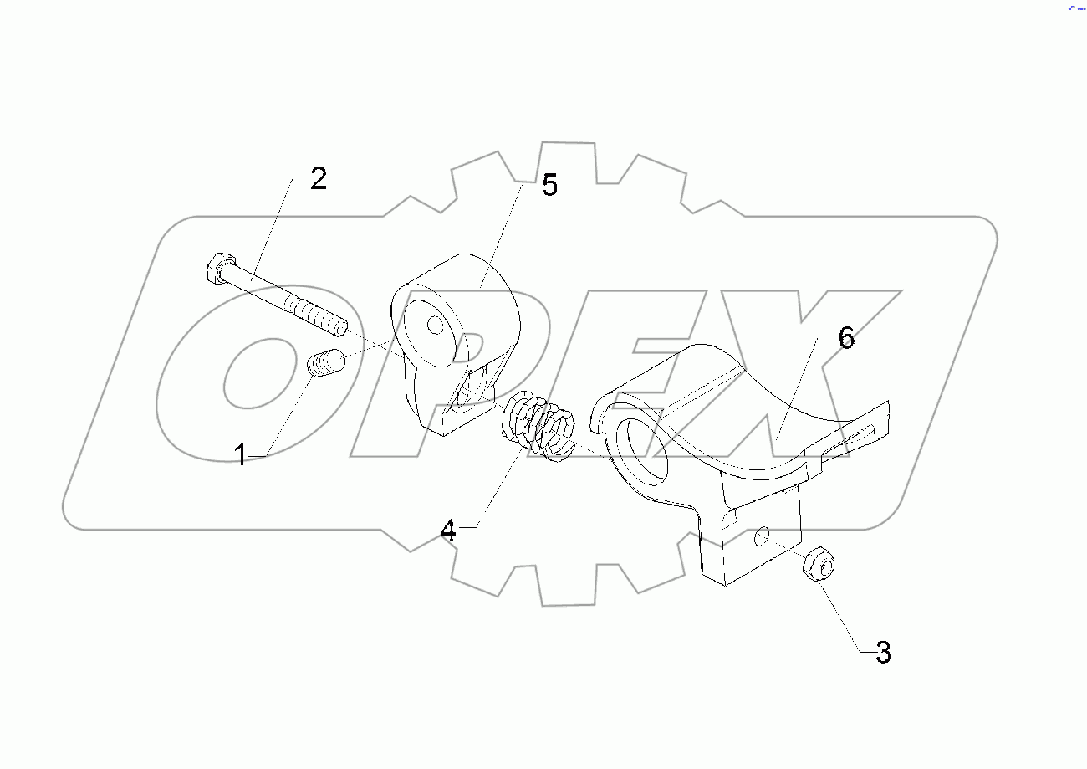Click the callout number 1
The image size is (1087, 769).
tap(240, 456)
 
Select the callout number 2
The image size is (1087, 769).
tap(319, 178)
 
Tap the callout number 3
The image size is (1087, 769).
tap(883, 653)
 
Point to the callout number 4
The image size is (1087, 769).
tap(449, 530)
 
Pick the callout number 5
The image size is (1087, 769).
tap(549, 185)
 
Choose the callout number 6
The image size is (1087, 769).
tap(846, 339)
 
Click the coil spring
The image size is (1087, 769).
tap(538, 426)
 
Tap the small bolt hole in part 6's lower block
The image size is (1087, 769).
tap(762, 535)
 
